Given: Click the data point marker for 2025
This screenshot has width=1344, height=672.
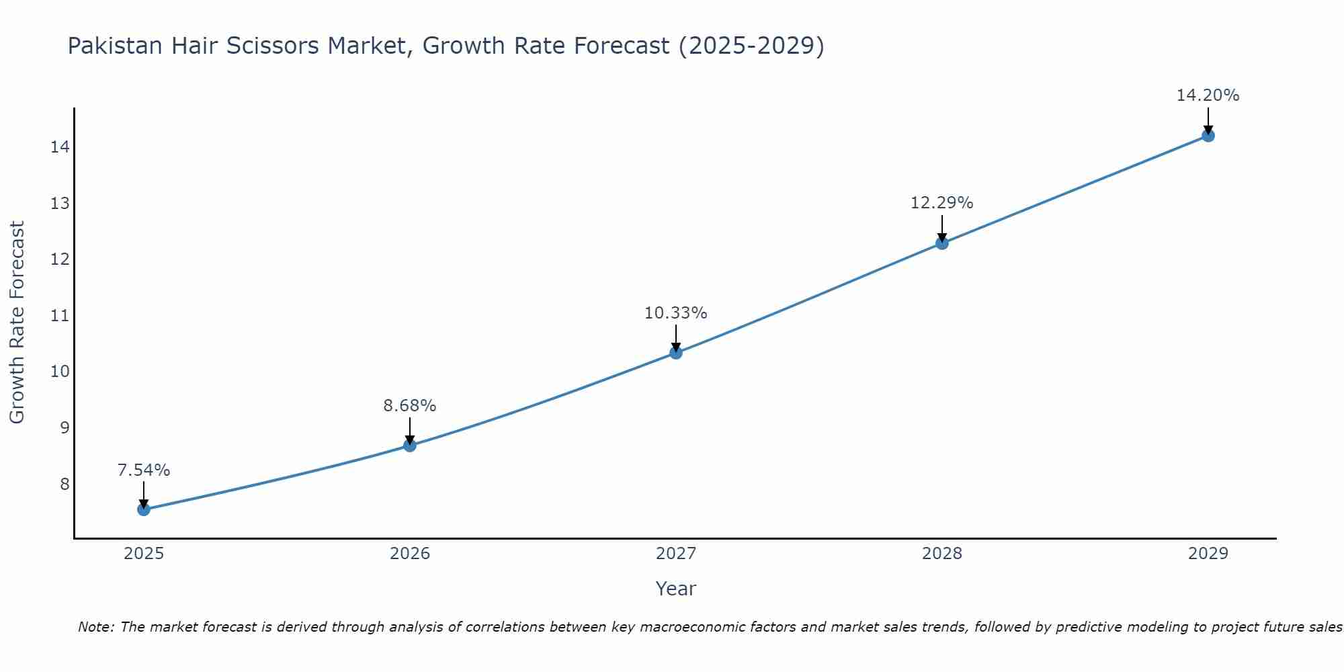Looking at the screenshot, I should pyautogui.click(x=144, y=509).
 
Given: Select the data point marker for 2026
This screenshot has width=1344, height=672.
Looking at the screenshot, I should pyautogui.click(x=410, y=446).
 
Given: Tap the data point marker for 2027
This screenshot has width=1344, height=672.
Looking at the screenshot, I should pyautogui.click(x=676, y=353).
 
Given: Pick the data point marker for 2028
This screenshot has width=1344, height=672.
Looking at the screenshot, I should pyautogui.click(x=942, y=243).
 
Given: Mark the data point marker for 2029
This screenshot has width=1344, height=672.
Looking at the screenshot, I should pyautogui.click(x=1208, y=136).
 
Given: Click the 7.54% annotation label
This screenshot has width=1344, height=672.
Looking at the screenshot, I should pyautogui.click(x=144, y=470).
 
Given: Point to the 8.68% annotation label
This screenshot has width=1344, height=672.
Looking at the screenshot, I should pyautogui.click(x=410, y=406).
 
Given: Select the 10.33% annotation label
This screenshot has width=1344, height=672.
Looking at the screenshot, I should pyautogui.click(x=676, y=313).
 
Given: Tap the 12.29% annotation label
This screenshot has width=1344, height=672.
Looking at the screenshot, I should pyautogui.click(x=942, y=203).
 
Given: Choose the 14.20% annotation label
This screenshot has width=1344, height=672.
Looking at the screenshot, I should pyautogui.click(x=1208, y=95).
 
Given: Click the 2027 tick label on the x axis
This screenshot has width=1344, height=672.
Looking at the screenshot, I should pyautogui.click(x=676, y=554).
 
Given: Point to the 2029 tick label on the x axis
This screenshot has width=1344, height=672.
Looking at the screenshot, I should pyautogui.click(x=1208, y=554).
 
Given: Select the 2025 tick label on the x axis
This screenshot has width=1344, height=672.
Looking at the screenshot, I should pyautogui.click(x=144, y=554).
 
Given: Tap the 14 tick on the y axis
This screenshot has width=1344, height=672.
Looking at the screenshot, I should pyautogui.click(x=60, y=147).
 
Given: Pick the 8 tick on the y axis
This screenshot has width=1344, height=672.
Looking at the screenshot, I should pyautogui.click(x=65, y=485).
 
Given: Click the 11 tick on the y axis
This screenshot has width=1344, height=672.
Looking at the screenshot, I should pyautogui.click(x=60, y=316).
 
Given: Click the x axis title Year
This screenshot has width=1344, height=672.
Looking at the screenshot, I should pyautogui.click(x=676, y=589).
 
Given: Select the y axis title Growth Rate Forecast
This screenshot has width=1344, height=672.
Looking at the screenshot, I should pyautogui.click(x=17, y=323).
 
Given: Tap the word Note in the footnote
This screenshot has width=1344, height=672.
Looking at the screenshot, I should pyautogui.click(x=96, y=628).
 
